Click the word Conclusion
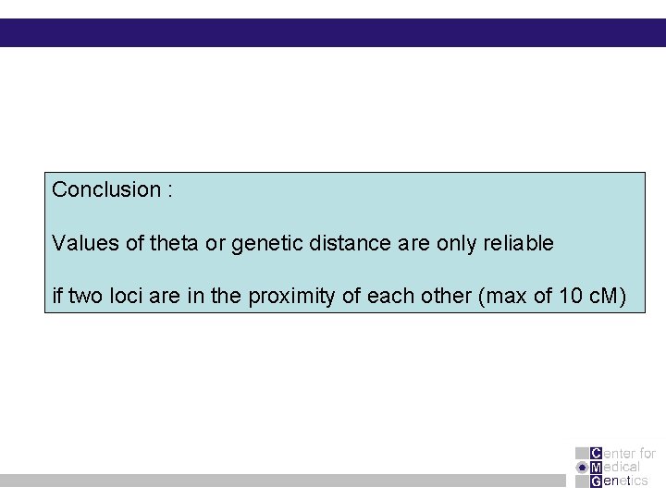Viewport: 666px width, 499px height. pyautogui.click(x=105, y=189)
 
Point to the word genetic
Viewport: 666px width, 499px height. pyautogui.click(x=262, y=244)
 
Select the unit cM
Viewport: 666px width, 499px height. pyautogui.click(x=608, y=298)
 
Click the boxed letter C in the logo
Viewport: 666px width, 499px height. pyautogui.click(x=596, y=453)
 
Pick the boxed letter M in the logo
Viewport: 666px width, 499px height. pyautogui.click(x=596, y=467)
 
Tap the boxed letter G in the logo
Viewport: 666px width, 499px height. pyautogui.click(x=596, y=481)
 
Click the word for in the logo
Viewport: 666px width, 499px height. pyautogui.click(x=647, y=453)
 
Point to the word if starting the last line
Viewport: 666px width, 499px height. pyautogui.click(x=57, y=298)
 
